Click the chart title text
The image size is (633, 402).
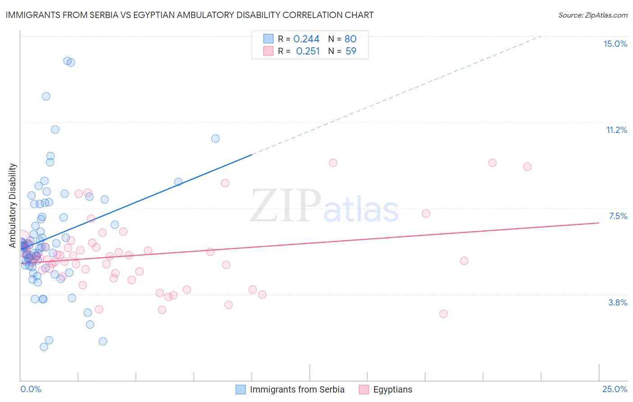click(x=189, y=15)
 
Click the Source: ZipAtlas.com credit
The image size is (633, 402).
click(x=592, y=15)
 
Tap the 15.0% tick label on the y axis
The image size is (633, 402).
click(x=615, y=44)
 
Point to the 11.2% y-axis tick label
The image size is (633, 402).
click(x=616, y=130)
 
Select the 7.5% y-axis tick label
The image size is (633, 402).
click(x=618, y=216)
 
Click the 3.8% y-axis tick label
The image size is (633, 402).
click(x=618, y=302)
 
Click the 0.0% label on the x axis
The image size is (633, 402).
click(x=31, y=389)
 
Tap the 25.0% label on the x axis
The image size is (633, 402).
click(x=615, y=389)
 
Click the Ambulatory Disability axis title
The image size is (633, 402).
click(x=13, y=206)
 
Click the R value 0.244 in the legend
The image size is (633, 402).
click(x=306, y=39)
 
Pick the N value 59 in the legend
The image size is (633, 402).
click(x=351, y=51)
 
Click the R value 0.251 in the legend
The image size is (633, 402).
click(x=307, y=51)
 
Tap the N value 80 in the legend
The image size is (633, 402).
click(x=350, y=39)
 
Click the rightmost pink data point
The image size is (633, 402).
click(x=527, y=167)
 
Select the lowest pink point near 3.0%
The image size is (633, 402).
click(x=443, y=314)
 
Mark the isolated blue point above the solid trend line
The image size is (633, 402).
click(x=216, y=138)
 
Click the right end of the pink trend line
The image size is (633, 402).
click(x=599, y=223)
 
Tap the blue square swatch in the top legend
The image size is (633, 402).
click(x=268, y=39)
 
